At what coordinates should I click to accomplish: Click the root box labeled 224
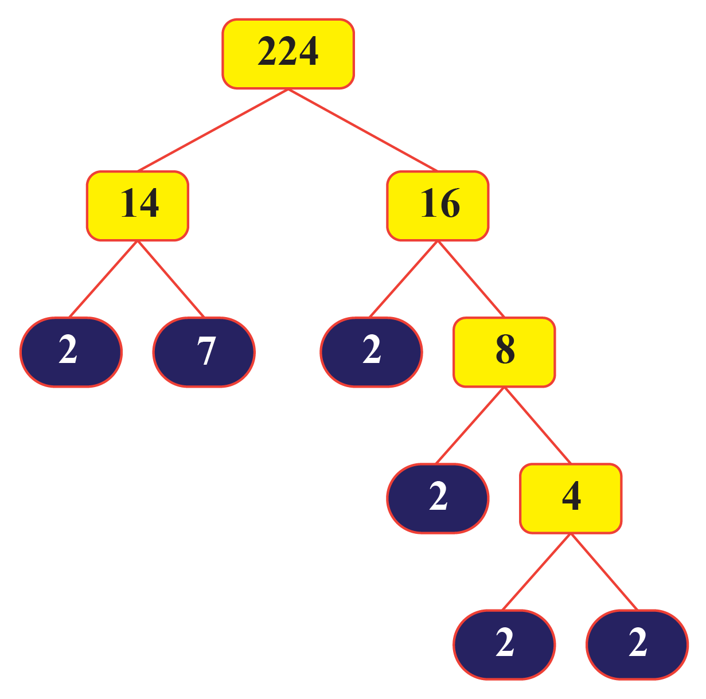tap(288, 54)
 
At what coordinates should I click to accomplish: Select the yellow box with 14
tap(138, 205)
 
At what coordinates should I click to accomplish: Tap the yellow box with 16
tap(438, 205)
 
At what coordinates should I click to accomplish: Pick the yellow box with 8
tap(504, 352)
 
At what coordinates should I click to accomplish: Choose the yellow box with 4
tap(571, 498)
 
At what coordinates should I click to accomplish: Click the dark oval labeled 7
tap(204, 352)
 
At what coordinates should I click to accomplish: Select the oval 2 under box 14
tap(71, 352)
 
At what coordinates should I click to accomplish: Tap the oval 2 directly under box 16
tap(371, 352)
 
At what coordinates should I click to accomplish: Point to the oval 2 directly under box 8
tap(438, 498)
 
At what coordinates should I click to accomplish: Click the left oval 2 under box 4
tap(504, 644)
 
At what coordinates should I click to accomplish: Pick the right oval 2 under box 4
tap(637, 644)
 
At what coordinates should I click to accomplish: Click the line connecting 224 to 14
tap(212, 130)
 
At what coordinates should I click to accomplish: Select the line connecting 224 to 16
tap(363, 130)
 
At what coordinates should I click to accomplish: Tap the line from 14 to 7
tap(171, 279)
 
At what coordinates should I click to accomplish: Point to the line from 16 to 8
tap(471, 279)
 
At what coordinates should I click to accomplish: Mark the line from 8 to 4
tap(537, 425)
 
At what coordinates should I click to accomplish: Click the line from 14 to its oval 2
tap(103, 279)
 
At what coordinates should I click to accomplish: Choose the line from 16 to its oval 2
tap(404, 279)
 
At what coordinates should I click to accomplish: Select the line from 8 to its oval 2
tap(470, 425)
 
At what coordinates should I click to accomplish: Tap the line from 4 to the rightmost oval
tap(604, 571)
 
